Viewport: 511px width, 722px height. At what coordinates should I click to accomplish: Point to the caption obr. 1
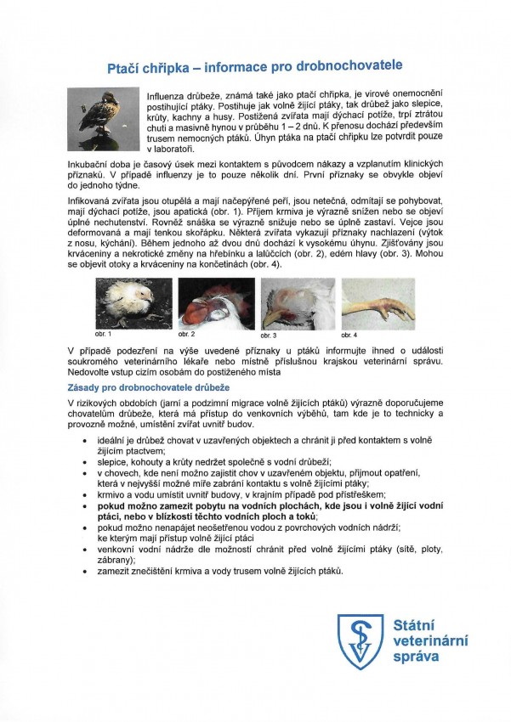[104, 334]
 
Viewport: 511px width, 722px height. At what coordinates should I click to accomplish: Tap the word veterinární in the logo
[429, 641]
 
